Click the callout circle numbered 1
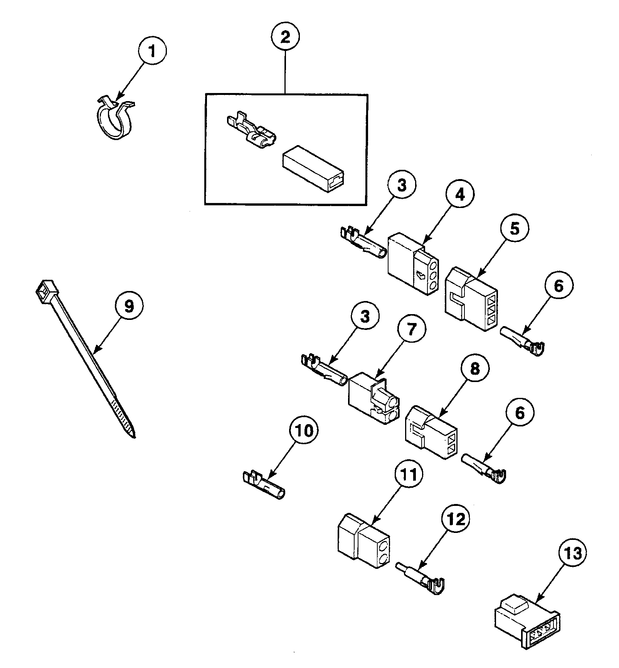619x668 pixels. (152, 51)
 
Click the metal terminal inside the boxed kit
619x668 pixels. (251, 131)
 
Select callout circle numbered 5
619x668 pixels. (515, 228)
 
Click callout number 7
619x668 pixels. (412, 329)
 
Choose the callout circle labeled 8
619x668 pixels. (474, 369)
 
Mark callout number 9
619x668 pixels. (129, 306)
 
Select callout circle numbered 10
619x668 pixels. (304, 430)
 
